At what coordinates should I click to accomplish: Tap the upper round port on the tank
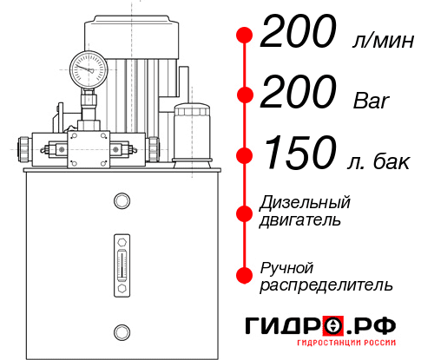(121, 202)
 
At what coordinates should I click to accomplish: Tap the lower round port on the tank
(121, 330)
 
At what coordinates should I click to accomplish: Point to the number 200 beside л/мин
(299, 35)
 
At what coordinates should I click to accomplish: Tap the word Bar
(372, 99)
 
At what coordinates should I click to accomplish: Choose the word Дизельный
(305, 203)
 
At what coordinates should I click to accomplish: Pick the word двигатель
(299, 219)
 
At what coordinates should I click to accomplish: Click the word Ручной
(286, 267)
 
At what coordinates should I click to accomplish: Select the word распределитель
(326, 285)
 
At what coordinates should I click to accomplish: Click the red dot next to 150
(245, 155)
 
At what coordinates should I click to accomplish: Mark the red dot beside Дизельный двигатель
(245, 212)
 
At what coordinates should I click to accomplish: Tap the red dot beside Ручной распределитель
(245, 275)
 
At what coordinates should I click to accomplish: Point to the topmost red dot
(245, 36)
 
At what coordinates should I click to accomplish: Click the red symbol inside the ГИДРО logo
(332, 326)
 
